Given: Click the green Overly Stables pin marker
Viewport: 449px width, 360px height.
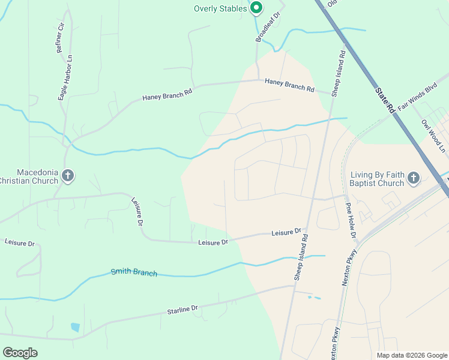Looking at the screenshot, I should tap(256, 8).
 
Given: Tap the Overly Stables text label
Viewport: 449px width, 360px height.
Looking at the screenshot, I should tap(220, 8).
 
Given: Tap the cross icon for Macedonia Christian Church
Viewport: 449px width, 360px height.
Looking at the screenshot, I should tap(68, 175).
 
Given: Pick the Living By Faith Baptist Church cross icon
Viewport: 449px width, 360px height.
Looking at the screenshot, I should tap(414, 178).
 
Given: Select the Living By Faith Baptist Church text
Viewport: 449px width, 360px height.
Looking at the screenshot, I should tap(376, 178).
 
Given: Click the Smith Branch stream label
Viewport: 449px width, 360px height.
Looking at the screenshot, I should tap(134, 272).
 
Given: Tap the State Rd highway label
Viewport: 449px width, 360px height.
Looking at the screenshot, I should tap(384, 100).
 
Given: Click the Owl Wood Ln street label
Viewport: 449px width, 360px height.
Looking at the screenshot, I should tap(434, 135).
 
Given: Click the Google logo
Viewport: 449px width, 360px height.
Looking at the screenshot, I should tap(20, 353).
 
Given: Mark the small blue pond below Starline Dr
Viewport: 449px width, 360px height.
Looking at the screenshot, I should tap(75, 327).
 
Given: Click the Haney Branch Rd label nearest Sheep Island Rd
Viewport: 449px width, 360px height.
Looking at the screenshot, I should tap(290, 87).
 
